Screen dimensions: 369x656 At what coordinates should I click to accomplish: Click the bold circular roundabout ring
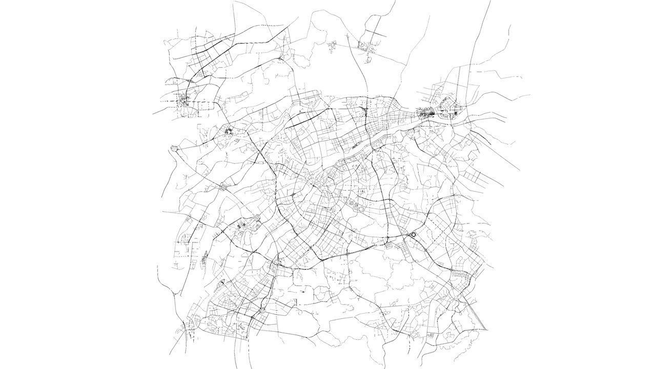[413, 235]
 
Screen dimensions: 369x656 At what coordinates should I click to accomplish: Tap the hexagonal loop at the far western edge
[175, 149]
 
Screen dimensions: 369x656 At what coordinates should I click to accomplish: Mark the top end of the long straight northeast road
[489, 1]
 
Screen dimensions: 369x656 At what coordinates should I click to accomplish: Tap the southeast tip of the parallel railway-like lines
[487, 330]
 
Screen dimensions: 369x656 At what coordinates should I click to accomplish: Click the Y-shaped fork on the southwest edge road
[179, 295]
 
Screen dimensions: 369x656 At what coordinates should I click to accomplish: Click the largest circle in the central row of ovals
[362, 209]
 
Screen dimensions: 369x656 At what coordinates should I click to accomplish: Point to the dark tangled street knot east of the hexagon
[228, 133]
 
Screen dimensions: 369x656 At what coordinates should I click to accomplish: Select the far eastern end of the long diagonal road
[519, 171]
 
